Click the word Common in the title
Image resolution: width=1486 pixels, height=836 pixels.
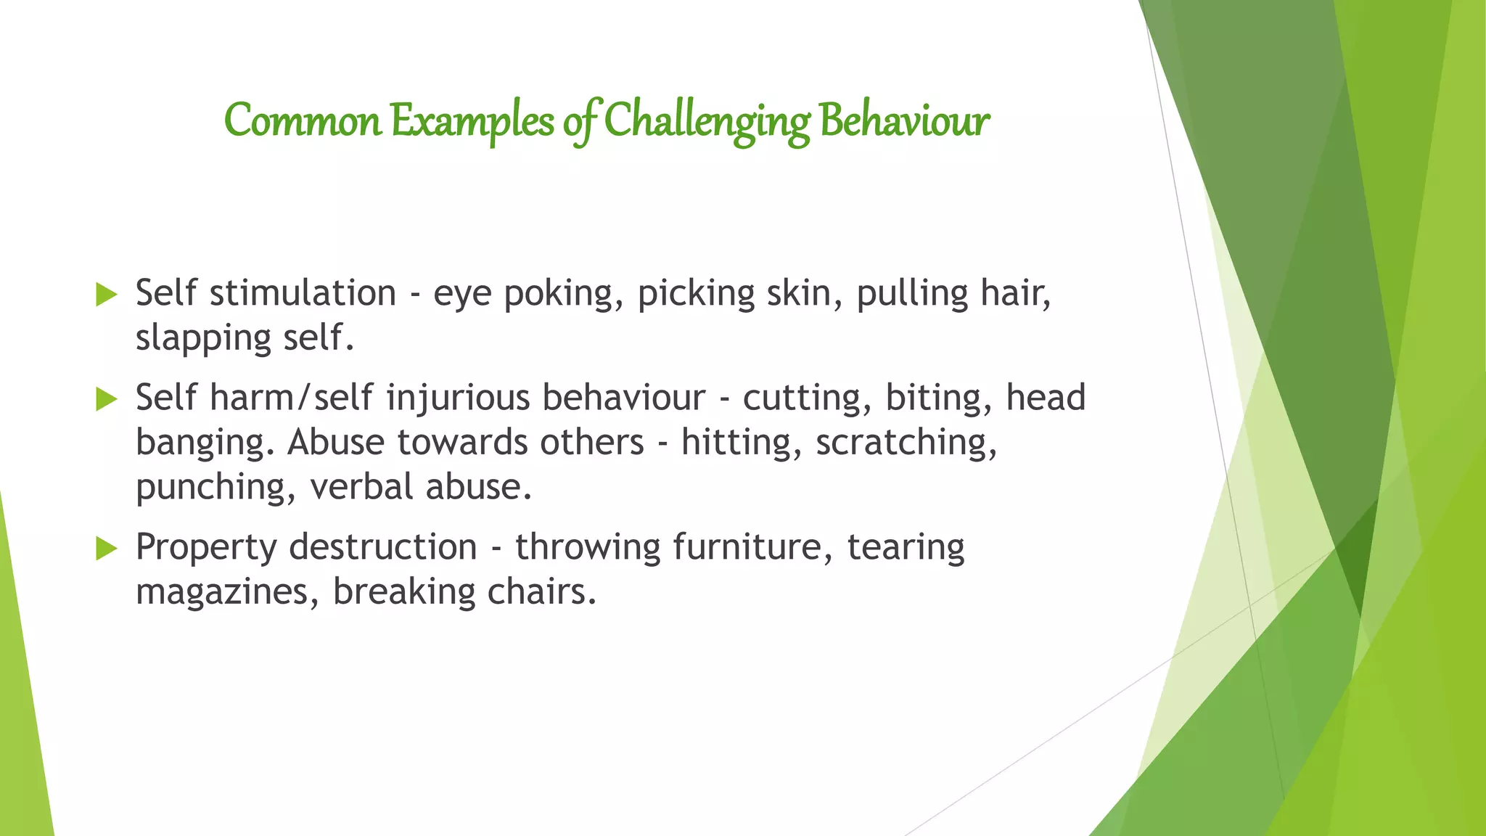coord(303,120)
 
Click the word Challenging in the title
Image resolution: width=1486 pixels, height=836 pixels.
coord(707,120)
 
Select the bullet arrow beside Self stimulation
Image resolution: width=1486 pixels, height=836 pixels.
coord(106,295)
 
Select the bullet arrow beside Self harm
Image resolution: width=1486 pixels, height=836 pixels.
coord(106,399)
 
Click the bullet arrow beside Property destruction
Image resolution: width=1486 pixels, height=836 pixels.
coord(106,549)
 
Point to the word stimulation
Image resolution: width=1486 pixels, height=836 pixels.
coord(303,293)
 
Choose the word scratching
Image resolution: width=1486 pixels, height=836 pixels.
coord(906,443)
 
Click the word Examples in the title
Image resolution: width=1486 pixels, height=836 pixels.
coord(472,120)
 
